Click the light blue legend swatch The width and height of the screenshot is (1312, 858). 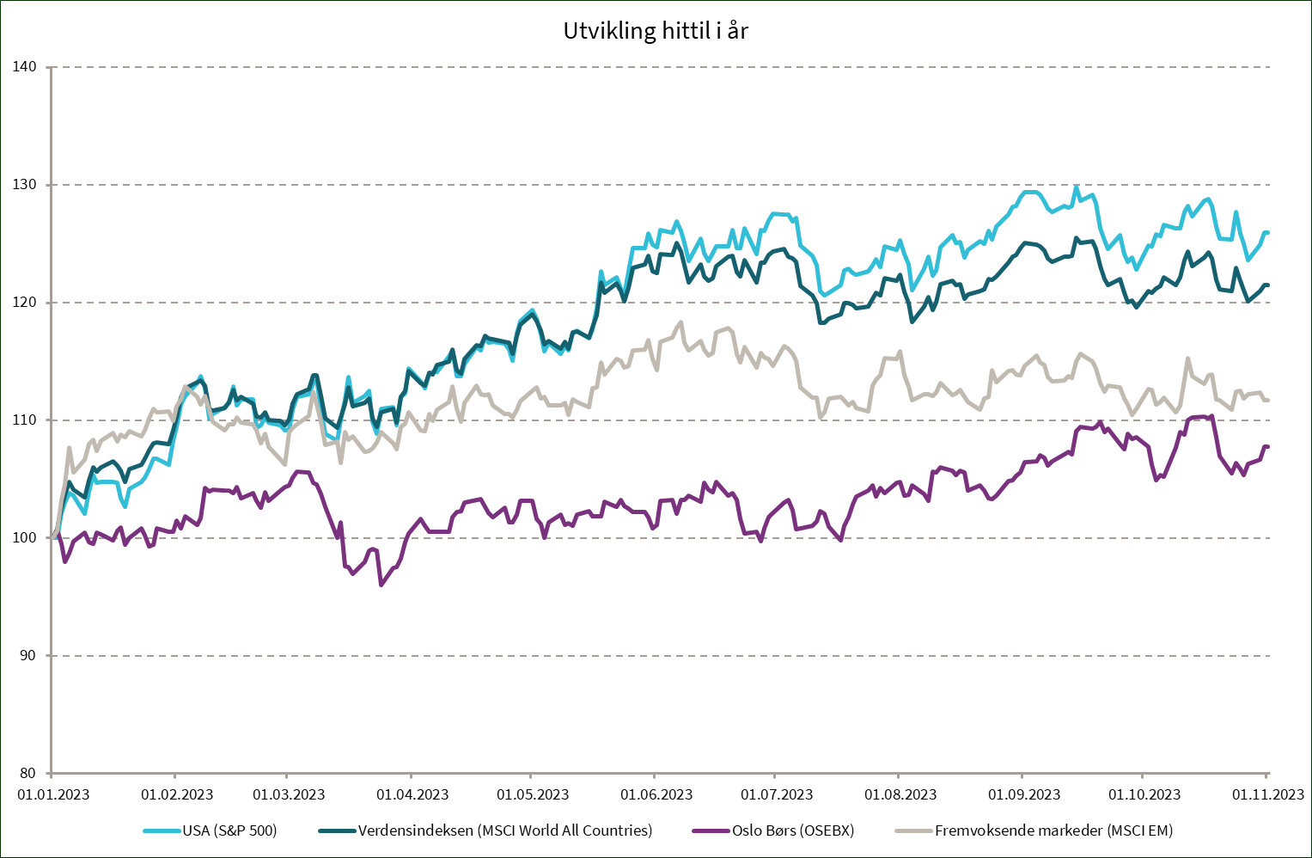point(162,830)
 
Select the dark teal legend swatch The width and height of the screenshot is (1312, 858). point(337,830)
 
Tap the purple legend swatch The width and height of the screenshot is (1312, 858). point(711,830)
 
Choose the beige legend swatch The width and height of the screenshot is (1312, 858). point(913,830)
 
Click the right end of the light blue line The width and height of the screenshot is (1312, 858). point(1268,232)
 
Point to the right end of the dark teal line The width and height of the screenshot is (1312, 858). point(1268,285)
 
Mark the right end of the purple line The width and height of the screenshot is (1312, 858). point(1268,446)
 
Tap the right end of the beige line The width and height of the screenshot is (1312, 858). point(1268,401)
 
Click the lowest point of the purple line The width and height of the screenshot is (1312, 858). point(381,585)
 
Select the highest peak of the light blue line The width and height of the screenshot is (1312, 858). point(1077,187)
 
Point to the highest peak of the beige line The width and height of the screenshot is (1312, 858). point(682,322)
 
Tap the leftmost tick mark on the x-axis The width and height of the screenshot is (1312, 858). point(52,776)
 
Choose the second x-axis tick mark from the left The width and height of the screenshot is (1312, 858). point(175,776)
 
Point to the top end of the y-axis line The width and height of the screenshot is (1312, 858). point(52,67)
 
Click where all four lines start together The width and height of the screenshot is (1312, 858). point(53,537)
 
